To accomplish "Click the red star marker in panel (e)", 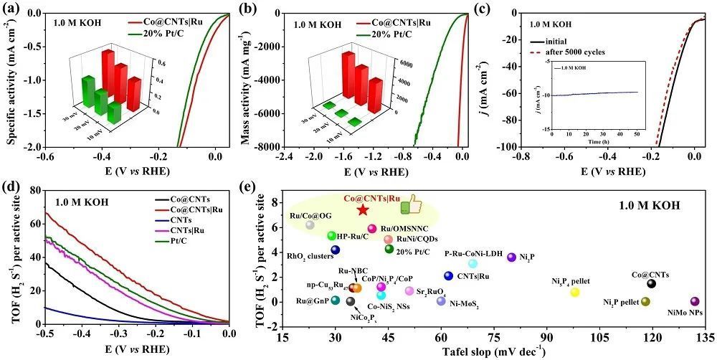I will pos(363,209).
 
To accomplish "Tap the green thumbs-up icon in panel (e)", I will pos(411,206).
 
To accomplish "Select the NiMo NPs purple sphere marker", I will pos(694,302).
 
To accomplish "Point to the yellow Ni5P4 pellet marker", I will pos(575,292).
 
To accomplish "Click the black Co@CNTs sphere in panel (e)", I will pos(651,283).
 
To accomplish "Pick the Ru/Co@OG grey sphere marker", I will pos(310,225).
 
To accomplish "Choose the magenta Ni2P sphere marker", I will pos(511,257).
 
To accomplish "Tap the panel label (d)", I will pos(14,189).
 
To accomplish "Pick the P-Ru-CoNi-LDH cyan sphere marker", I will pos(473,264).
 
